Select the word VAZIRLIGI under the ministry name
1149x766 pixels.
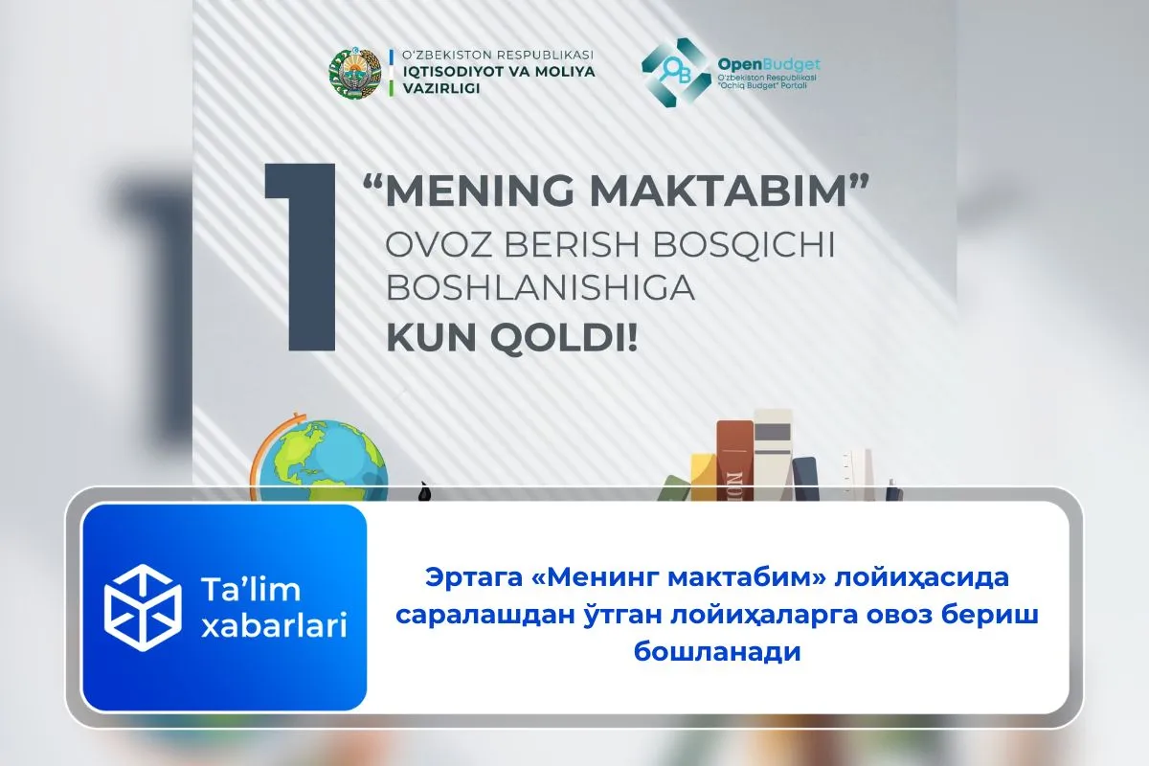click(x=435, y=88)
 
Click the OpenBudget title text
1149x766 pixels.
click(x=769, y=64)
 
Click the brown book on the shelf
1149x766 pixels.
click(x=734, y=460)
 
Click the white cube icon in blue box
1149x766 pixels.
click(x=142, y=607)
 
